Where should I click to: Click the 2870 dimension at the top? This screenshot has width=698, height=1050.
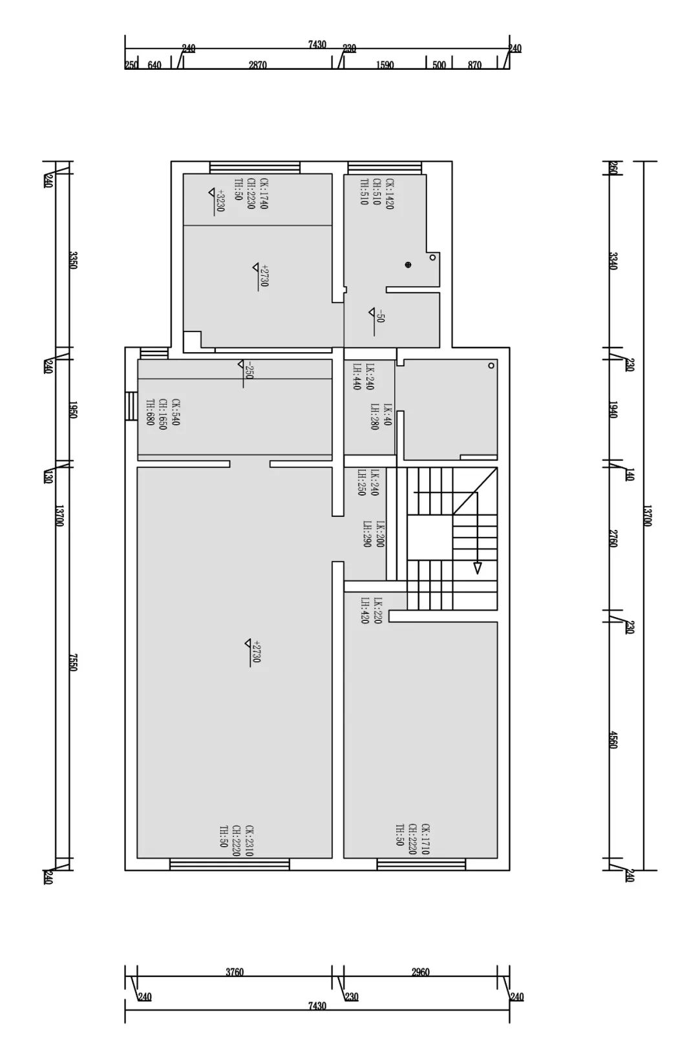coord(257,65)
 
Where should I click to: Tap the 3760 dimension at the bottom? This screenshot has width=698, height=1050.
coord(235,971)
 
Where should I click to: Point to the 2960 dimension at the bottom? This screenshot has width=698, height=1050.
coord(420,971)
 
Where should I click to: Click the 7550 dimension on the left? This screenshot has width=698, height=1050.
coord(73,662)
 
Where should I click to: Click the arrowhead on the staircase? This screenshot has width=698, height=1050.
coord(478,568)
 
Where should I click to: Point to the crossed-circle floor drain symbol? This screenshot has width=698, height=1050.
coord(408,264)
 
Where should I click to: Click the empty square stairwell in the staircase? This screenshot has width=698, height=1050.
coord(429,538)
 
